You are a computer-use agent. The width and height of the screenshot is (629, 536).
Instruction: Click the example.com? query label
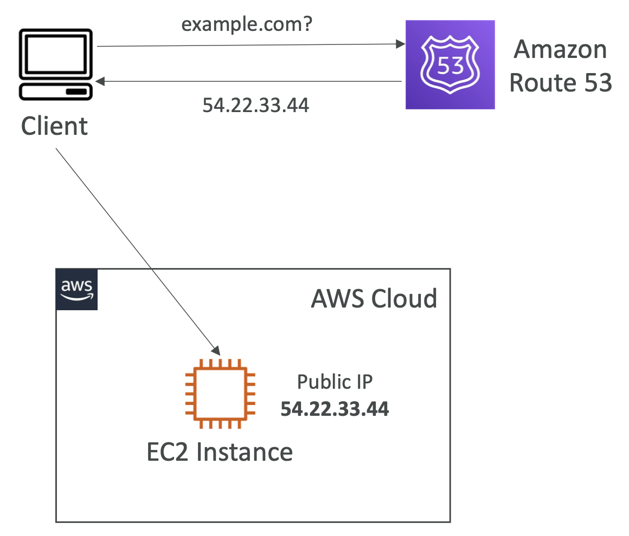point(247,25)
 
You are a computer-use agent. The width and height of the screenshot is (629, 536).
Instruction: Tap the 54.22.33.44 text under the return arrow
point(255,106)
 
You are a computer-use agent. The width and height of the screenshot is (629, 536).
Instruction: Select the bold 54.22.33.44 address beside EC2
point(335,409)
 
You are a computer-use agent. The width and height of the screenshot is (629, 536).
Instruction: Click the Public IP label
point(335,382)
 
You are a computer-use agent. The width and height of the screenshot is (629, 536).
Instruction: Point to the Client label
point(54,126)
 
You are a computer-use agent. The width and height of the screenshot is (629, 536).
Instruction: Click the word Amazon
point(560,49)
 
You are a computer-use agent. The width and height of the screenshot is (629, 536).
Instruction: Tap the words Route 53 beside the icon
point(561,83)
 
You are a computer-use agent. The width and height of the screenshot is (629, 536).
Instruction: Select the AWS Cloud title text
point(374,298)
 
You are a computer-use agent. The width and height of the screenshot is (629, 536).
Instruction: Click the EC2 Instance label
point(220,452)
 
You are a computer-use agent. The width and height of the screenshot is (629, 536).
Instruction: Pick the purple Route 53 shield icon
point(450,64)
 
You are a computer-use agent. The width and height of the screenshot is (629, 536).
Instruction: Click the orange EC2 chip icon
point(220,394)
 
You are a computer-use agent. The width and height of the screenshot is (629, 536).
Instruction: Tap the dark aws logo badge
point(76,290)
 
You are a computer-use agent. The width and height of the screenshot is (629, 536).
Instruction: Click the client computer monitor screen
point(56,54)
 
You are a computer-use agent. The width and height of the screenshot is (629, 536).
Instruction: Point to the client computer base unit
point(56,91)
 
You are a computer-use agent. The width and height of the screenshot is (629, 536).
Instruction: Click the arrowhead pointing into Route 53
point(400,44)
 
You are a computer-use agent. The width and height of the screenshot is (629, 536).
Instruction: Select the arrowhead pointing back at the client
point(100,81)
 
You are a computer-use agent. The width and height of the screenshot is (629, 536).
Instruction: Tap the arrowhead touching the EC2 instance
point(216,350)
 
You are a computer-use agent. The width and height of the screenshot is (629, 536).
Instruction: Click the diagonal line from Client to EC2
point(138,252)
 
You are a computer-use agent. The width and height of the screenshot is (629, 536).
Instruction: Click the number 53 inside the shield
point(450,66)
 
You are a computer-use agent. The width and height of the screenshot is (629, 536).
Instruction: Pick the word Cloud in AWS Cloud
point(405,298)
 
